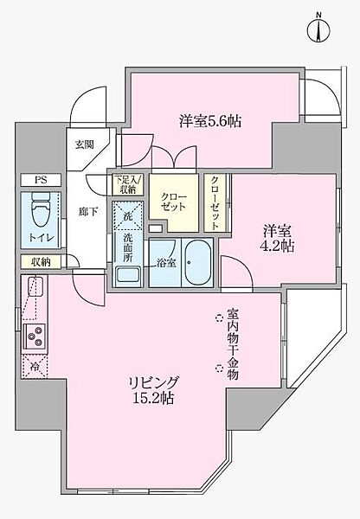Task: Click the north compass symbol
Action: pyautogui.click(x=318, y=29)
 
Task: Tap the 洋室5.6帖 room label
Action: pyautogui.click(x=210, y=121)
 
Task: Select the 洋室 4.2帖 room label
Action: pyautogui.click(x=279, y=239)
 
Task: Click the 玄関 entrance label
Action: pyautogui.click(x=84, y=144)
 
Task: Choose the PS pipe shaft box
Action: pyautogui.click(x=41, y=180)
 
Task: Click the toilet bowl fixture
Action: pyautogui.click(x=41, y=209)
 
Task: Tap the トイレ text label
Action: pyautogui.click(x=41, y=238)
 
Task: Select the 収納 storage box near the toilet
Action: pyautogui.click(x=41, y=262)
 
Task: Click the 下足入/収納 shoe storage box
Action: pyautogui.click(x=127, y=185)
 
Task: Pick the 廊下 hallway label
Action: pyautogui.click(x=88, y=212)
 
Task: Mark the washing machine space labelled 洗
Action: pyautogui.click(x=127, y=215)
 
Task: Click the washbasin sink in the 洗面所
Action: pyautogui.click(x=128, y=276)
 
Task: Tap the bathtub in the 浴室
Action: pyautogui.click(x=197, y=262)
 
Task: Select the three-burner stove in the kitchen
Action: pyautogui.click(x=35, y=336)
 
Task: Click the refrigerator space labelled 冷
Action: pyautogui.click(x=35, y=366)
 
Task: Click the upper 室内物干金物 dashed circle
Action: pyautogui.click(x=219, y=317)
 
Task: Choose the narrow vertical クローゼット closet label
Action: pyautogui.click(x=215, y=203)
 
